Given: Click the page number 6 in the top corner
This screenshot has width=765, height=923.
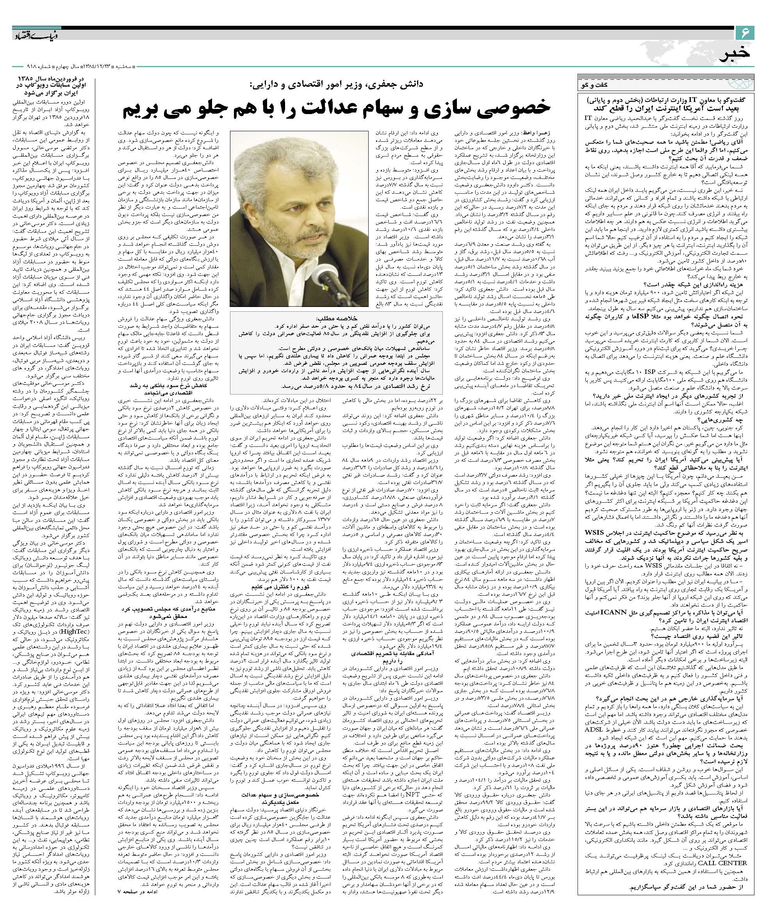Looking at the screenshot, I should tap(745, 32).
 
